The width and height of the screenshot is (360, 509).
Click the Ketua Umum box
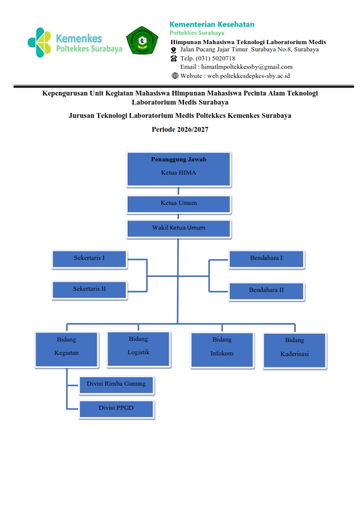178,204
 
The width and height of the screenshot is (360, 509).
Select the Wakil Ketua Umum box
178,229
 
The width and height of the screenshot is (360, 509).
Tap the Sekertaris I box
90,259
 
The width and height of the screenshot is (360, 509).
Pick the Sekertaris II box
90,290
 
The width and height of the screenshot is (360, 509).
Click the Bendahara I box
266,259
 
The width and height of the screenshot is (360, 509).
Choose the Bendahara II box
266,291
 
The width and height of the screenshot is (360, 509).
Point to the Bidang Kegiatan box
67,349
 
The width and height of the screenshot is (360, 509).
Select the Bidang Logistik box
139,349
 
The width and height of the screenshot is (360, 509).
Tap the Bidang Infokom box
222,350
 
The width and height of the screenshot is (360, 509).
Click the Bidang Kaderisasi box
295,351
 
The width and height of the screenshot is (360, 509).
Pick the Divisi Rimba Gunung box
116,385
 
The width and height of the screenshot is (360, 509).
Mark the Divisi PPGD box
116,410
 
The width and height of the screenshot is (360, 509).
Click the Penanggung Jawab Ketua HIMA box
178,169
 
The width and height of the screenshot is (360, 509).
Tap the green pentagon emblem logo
142,41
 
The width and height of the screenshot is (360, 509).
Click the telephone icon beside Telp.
174,59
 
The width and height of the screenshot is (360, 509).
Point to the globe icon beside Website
175,76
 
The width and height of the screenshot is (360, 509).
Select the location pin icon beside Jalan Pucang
174,50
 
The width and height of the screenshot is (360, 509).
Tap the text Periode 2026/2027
180,129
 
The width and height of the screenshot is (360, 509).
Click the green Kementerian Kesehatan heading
212,24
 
